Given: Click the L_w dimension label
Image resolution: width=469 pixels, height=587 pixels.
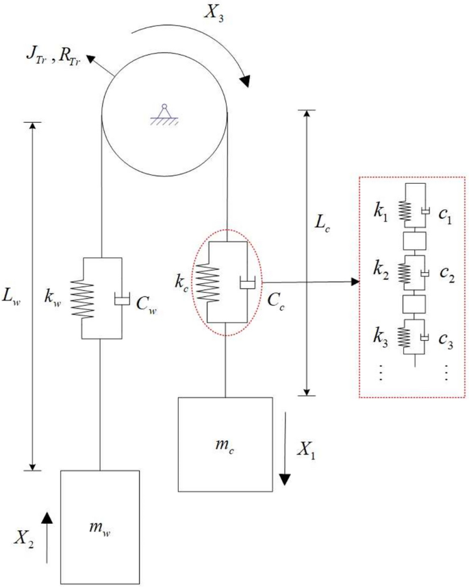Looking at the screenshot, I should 15,297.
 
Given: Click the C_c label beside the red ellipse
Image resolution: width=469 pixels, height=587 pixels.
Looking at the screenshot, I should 277,299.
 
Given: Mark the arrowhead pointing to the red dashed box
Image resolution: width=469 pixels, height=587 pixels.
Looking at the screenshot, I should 355,282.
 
